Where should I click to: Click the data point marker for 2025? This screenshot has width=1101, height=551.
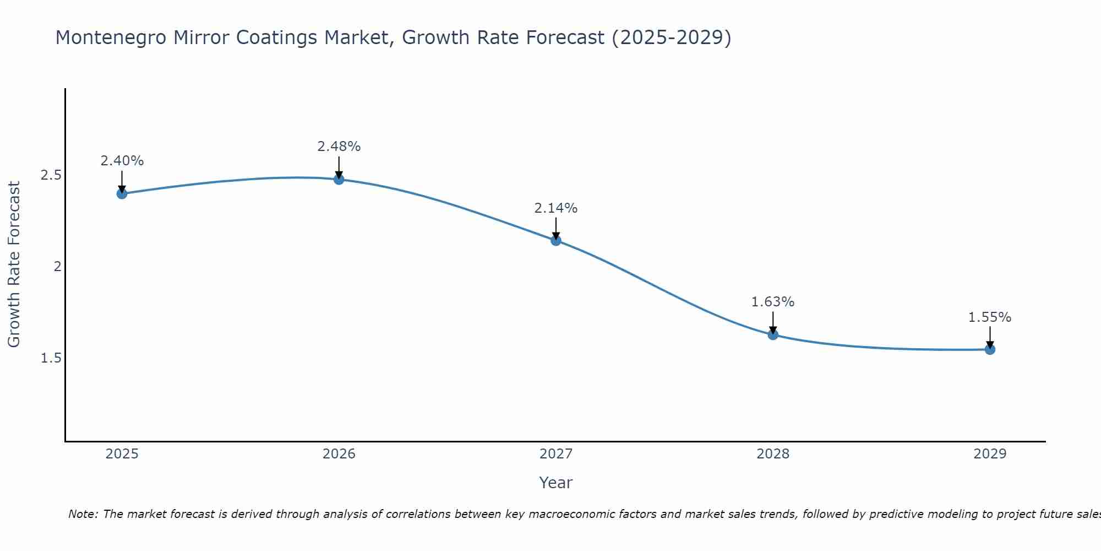pos(122,193)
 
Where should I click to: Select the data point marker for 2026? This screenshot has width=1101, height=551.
pos(339,179)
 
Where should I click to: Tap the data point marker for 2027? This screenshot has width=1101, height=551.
pos(555,240)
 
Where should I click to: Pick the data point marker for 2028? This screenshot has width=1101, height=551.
pos(772,334)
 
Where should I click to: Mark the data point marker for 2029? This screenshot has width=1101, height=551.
pos(989,349)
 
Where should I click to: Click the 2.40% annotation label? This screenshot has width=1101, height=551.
pos(122,161)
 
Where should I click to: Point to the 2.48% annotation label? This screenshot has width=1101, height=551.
pos(339,147)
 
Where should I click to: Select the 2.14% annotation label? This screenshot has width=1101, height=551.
pos(555,208)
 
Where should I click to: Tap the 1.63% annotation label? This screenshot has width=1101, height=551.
pos(772,302)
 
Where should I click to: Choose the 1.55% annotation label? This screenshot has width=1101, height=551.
pos(989,317)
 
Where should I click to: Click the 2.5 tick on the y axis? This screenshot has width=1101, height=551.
pos(50,175)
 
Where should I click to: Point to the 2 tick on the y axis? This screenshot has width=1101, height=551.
pos(56,267)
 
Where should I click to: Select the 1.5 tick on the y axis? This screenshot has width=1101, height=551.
pos(50,358)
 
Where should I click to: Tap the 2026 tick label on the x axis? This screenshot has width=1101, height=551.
pos(339,454)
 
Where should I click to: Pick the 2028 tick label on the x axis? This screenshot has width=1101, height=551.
pos(772,454)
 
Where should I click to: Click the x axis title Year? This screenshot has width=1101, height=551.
pos(555,483)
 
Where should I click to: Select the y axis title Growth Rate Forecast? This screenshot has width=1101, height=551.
pos(14,264)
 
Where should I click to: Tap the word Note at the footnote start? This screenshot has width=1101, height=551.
pos(83,514)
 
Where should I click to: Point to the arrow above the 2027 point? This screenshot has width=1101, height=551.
pos(555,228)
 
